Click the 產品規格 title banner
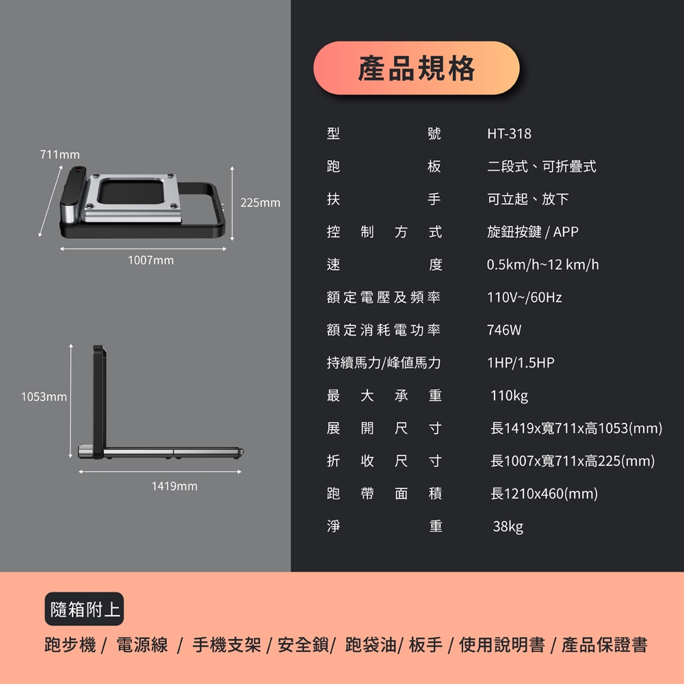pyautogui.click(x=416, y=68)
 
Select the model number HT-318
pyautogui.click(x=509, y=133)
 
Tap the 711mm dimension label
pyautogui.click(x=60, y=155)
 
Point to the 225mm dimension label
pyautogui.click(x=261, y=203)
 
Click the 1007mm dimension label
pyautogui.click(x=150, y=261)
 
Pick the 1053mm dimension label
pyautogui.click(x=44, y=397)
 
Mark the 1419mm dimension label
pyautogui.click(x=174, y=486)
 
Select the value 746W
pyautogui.click(x=504, y=330)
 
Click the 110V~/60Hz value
pyautogui.click(x=525, y=298)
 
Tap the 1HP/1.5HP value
pyautogui.click(x=521, y=363)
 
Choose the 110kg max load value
pyautogui.click(x=509, y=396)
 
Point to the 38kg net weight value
pyautogui.click(x=508, y=527)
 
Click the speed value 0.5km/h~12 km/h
pyautogui.click(x=542, y=265)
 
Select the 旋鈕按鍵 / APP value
pyautogui.click(x=533, y=232)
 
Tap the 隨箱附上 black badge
pyautogui.click(x=84, y=609)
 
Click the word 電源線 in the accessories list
pyautogui.click(x=142, y=644)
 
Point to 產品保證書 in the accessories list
pyautogui.click(x=604, y=644)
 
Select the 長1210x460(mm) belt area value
pyautogui.click(x=544, y=494)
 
